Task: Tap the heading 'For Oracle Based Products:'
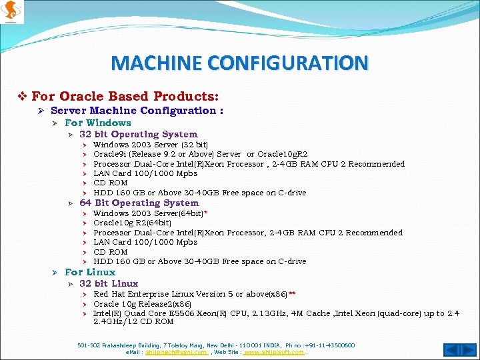click(x=125, y=97)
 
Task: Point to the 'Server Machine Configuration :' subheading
click(x=137, y=111)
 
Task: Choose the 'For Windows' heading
click(x=98, y=123)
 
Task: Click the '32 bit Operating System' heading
click(x=139, y=134)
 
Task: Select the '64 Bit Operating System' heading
click(x=139, y=203)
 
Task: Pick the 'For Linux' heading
click(x=90, y=272)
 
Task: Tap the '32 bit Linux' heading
click(x=109, y=283)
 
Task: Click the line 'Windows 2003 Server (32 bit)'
click(x=151, y=145)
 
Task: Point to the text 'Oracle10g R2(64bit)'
click(x=132, y=223)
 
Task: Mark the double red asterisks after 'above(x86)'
click(x=292, y=293)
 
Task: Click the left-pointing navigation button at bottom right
click(x=451, y=350)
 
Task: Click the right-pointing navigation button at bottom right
click(x=467, y=350)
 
